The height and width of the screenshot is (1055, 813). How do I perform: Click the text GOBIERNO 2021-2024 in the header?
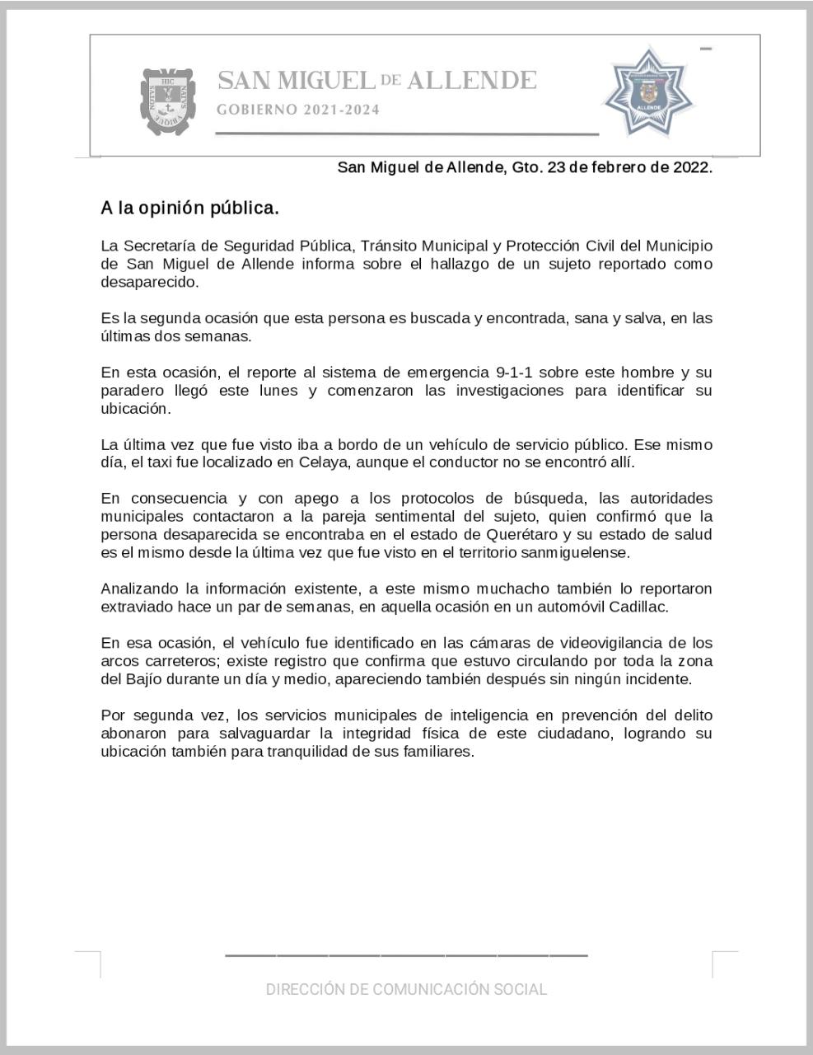click(298, 110)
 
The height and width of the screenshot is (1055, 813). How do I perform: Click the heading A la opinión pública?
click(189, 209)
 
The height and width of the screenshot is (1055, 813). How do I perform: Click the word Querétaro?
click(521, 535)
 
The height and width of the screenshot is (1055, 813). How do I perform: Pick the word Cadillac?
click(638, 607)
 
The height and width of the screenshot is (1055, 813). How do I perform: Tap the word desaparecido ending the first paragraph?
click(149, 282)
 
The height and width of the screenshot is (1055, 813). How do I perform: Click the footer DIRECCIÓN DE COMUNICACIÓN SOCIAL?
click(406, 989)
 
